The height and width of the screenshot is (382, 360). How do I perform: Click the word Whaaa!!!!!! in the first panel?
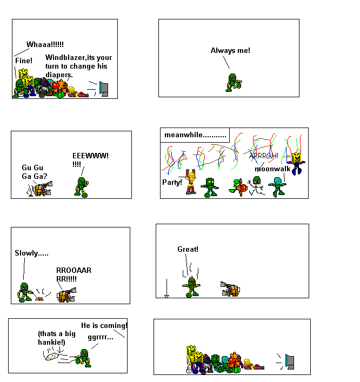45,44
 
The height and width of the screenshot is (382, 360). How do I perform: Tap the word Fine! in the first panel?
24,61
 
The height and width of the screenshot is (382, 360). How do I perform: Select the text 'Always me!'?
230,51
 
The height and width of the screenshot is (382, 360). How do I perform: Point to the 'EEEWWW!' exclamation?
90,156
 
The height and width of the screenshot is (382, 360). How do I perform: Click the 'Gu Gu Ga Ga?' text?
34,172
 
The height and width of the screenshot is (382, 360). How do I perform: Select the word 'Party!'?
172,182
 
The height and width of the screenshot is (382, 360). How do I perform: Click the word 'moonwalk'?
272,169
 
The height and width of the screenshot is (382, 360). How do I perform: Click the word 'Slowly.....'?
32,253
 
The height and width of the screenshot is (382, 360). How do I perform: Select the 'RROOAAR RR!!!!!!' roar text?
74,274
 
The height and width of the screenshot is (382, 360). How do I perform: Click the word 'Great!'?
188,249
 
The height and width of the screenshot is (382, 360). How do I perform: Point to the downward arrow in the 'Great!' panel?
166,289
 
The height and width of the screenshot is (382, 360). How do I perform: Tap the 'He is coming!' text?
104,325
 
